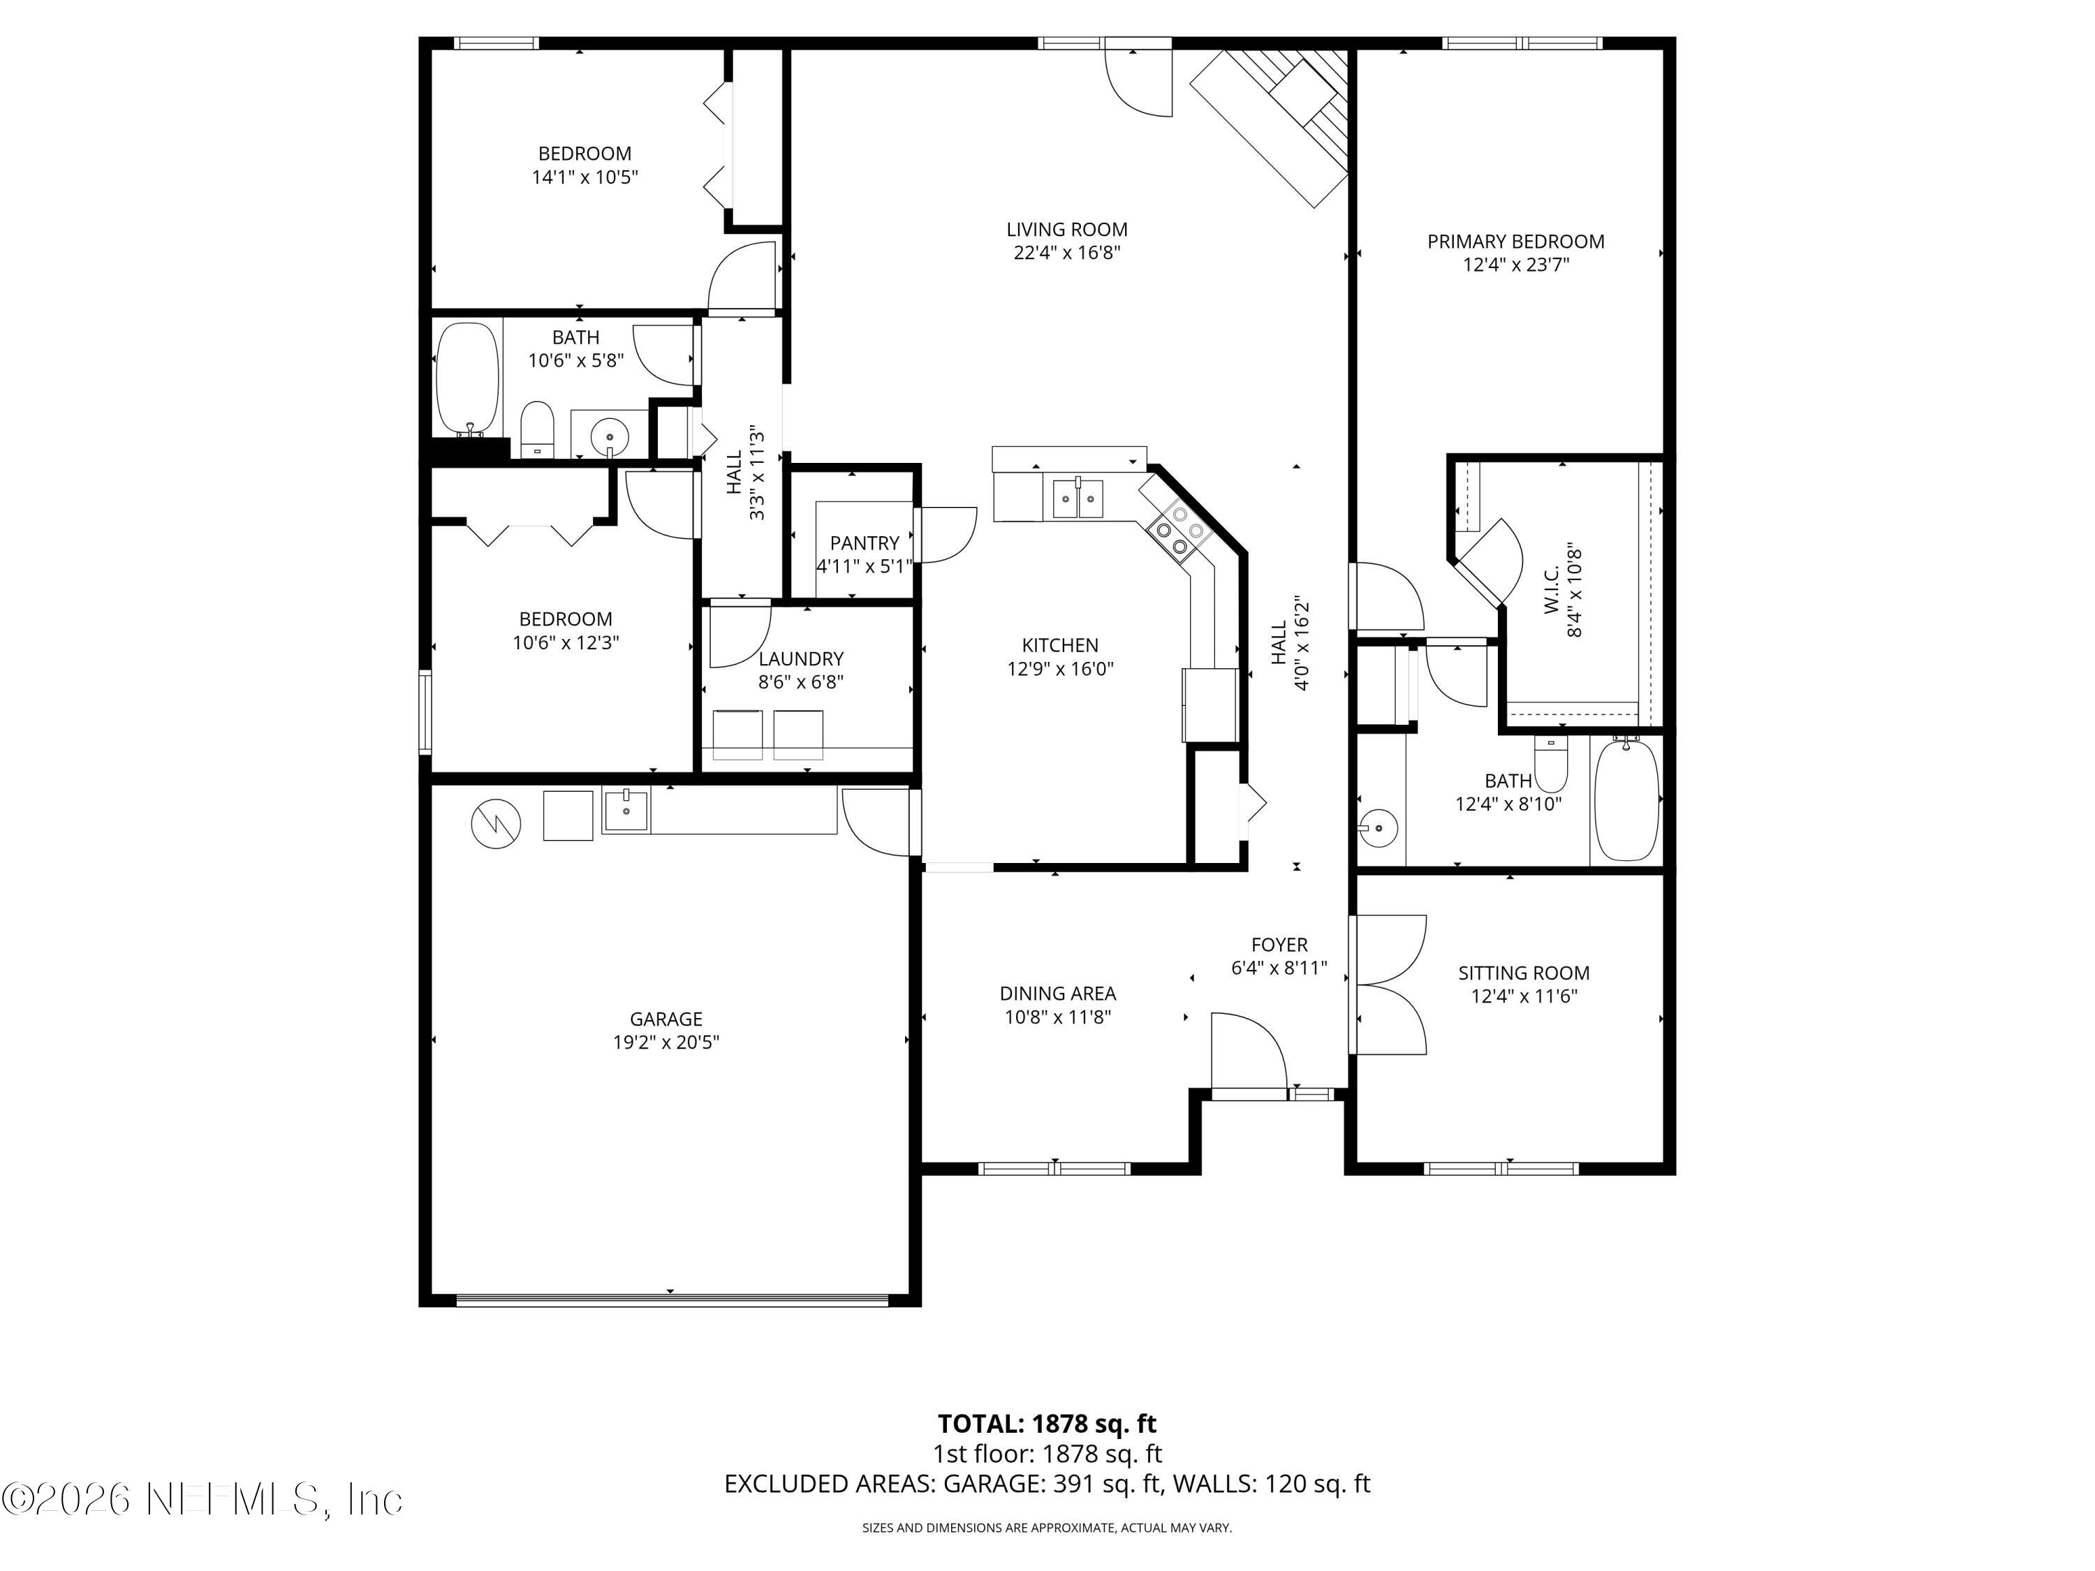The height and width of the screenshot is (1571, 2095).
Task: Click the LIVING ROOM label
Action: pos(1066,229)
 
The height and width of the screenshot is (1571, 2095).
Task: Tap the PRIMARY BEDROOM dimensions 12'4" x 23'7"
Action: pos(1515,265)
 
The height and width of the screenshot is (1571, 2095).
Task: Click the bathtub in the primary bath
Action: pos(1627,800)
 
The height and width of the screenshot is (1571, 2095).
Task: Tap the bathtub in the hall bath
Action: pos(467,378)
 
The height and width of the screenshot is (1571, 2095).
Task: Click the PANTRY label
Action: pos(864,543)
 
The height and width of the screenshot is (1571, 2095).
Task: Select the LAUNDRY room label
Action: pos(800,659)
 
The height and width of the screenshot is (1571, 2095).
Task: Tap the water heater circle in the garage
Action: pos(497,824)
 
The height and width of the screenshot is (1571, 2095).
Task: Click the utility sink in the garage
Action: pos(626,811)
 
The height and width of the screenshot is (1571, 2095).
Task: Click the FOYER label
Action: pos(1279,945)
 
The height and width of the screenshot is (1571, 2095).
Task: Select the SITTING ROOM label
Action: pos(1523,973)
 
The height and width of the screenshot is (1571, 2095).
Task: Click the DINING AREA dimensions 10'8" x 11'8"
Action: pos(1057,1018)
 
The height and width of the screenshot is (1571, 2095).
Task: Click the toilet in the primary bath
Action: pos(1550,765)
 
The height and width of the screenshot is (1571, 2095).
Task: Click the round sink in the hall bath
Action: pos(609,438)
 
